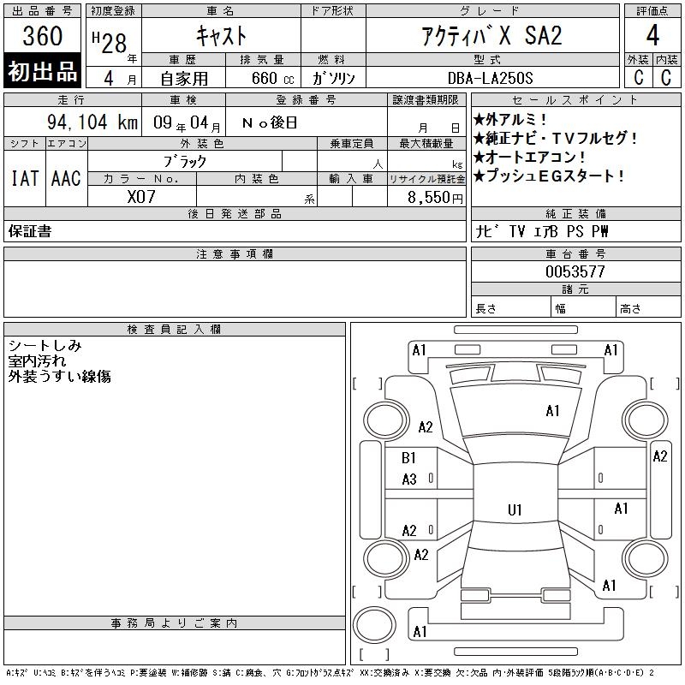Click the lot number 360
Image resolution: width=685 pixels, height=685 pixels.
coord(42,36)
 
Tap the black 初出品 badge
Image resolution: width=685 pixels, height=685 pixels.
coord(42,71)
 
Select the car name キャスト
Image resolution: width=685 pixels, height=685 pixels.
coord(222,36)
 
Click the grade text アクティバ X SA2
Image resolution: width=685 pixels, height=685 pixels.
coord(491,36)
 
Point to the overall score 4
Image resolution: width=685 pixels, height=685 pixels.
coord(652,35)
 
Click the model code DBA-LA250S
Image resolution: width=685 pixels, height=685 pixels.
coord(490,78)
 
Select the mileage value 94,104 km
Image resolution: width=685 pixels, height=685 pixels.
coord(92,122)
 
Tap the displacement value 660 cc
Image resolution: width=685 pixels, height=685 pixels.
coord(272,78)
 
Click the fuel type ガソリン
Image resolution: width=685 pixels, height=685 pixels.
coord(333,78)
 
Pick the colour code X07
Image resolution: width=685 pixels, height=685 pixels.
coord(141,197)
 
